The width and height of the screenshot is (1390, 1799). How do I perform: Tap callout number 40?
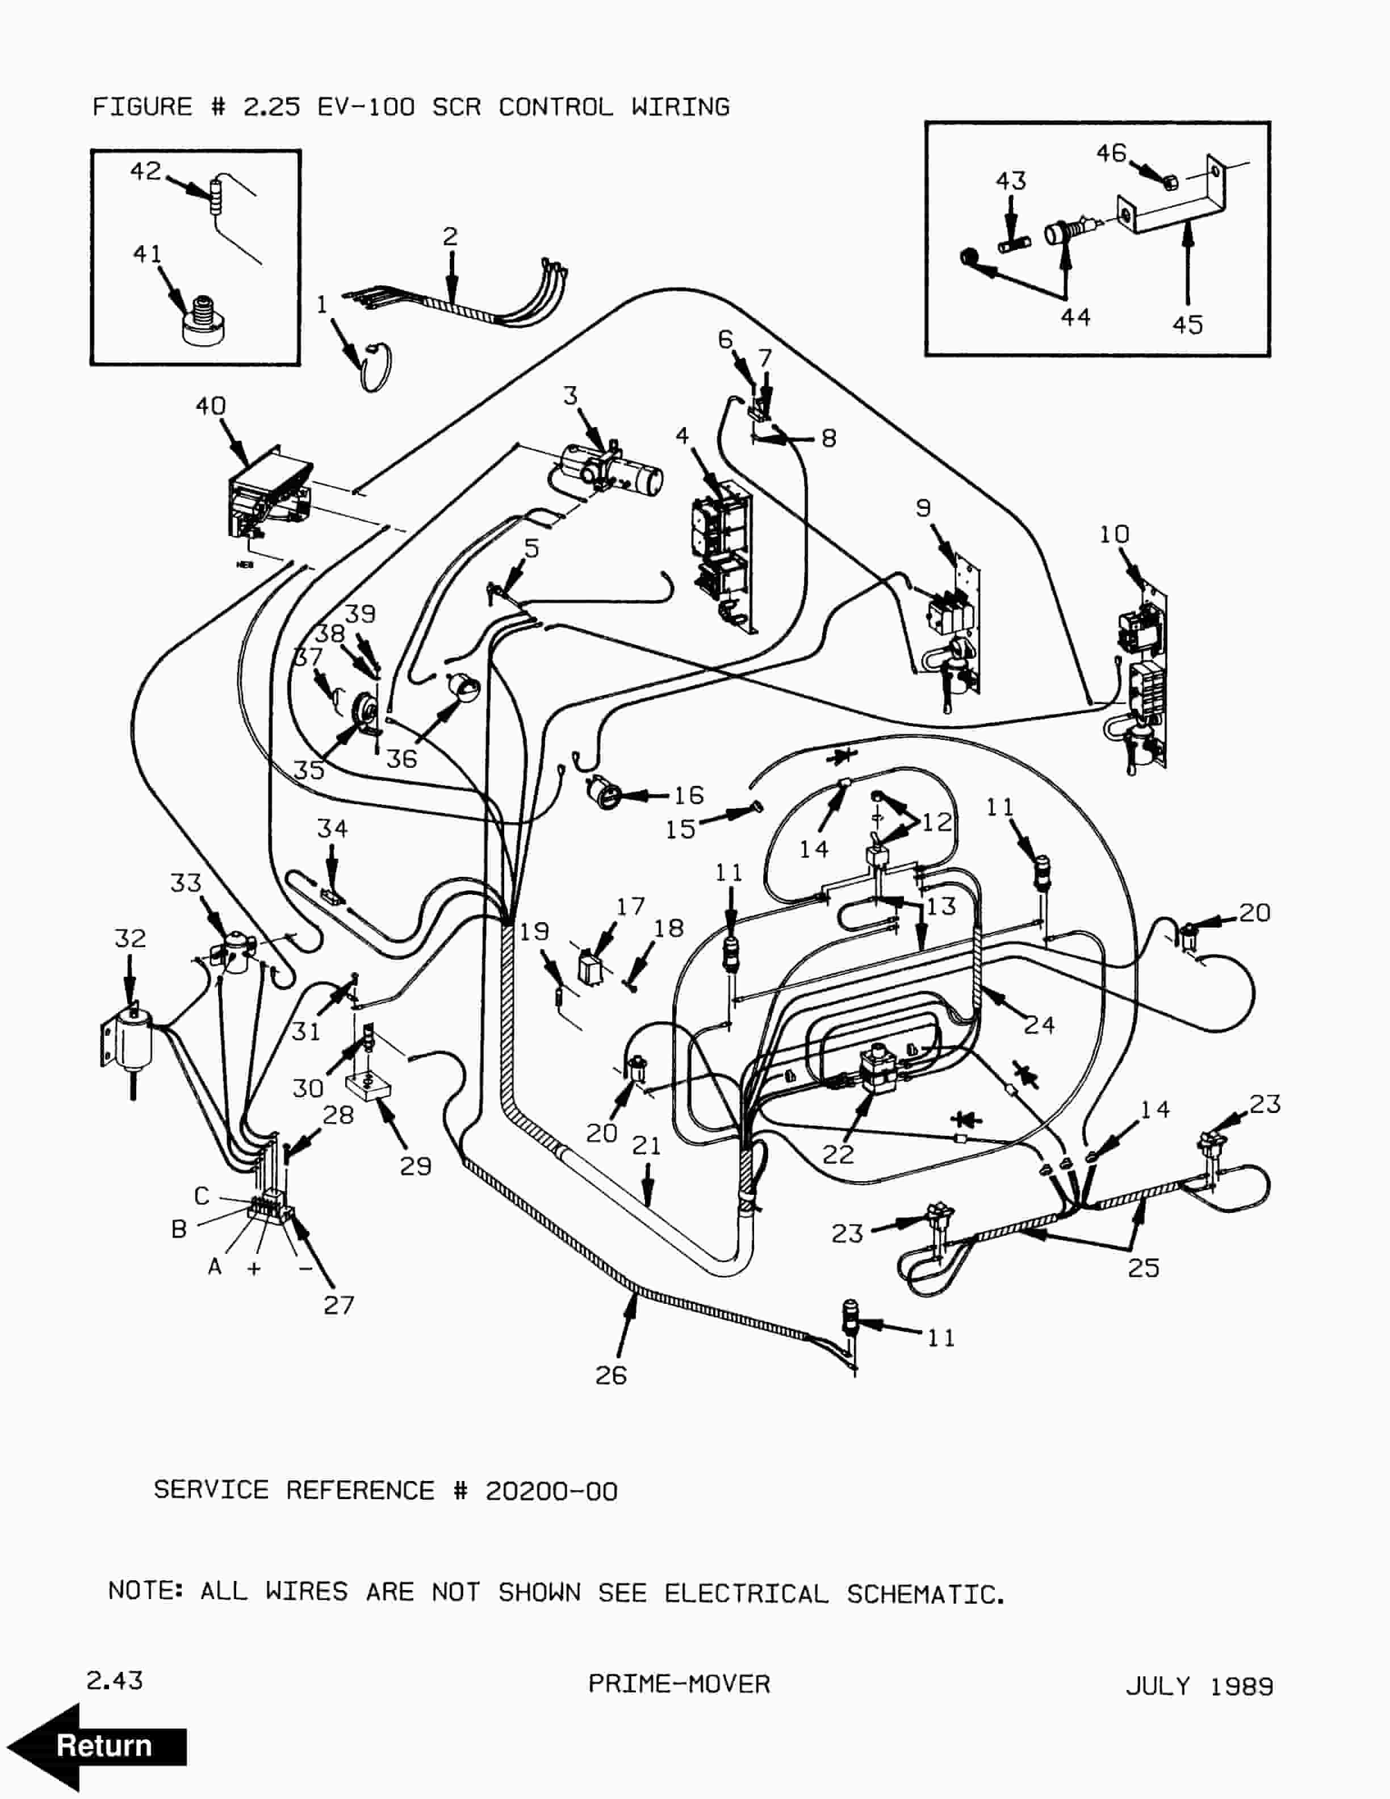pos(210,405)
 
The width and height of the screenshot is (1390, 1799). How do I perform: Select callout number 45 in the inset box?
pos(1187,325)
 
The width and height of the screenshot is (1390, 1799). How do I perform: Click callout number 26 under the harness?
pos(611,1375)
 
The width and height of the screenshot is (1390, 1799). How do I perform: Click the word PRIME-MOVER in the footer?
pos(679,1684)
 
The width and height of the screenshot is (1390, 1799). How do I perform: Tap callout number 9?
pos(923,508)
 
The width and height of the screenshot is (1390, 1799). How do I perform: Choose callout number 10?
pos(1114,534)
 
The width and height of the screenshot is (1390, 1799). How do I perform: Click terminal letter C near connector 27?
pos(202,1195)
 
